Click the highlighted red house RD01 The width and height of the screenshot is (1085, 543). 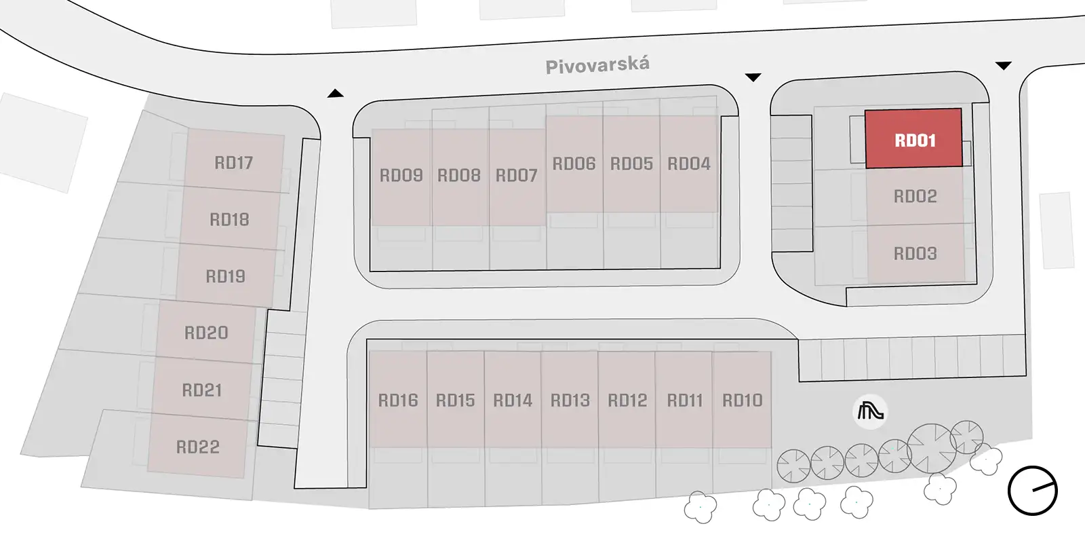[x=913, y=138]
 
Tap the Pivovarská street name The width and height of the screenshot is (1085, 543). [x=597, y=65]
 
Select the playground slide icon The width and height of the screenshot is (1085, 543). [x=871, y=412]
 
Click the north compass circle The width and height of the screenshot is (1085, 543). [x=1033, y=491]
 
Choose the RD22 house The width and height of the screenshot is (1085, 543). [x=197, y=446]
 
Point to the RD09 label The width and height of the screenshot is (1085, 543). [x=401, y=175]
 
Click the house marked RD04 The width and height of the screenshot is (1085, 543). [x=689, y=164]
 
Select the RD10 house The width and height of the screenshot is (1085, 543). [x=742, y=400]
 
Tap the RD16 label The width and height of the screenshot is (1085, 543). [x=397, y=400]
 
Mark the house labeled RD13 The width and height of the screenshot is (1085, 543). [x=570, y=400]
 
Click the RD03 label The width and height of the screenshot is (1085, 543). [x=915, y=254]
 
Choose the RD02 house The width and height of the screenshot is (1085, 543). [x=915, y=196]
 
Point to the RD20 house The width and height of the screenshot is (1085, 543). [x=206, y=332]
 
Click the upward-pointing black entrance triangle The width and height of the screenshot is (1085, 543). [x=335, y=93]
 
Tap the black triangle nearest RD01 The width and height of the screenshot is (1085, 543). [x=1003, y=65]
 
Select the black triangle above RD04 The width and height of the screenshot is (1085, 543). [x=753, y=77]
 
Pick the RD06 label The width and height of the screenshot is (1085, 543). [x=574, y=164]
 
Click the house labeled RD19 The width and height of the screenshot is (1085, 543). [x=226, y=276]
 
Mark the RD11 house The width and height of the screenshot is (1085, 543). [x=684, y=400]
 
